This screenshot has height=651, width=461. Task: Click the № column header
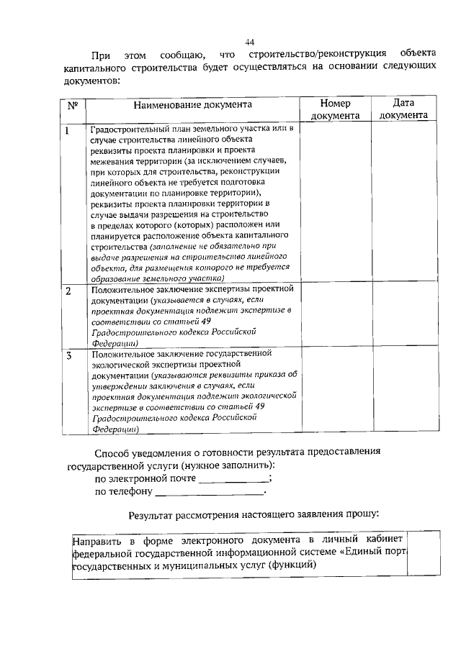[72, 105]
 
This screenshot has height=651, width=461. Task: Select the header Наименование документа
[192, 105]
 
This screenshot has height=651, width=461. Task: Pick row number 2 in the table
[68, 291]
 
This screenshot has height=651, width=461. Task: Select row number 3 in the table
[68, 355]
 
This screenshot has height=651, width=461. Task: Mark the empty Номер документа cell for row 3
[334, 391]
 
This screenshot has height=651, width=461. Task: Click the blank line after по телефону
[209, 493]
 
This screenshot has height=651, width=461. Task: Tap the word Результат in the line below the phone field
[153, 515]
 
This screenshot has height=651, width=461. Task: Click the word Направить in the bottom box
[97, 540]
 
